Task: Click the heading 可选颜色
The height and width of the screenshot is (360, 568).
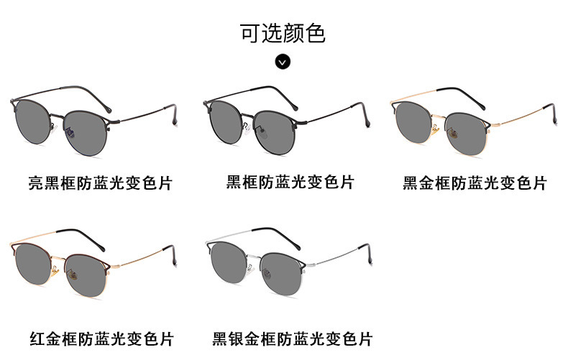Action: [x=283, y=33]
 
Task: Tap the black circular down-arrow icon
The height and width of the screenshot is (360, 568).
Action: [x=283, y=61]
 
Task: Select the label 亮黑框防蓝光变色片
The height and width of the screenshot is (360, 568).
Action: [x=101, y=183]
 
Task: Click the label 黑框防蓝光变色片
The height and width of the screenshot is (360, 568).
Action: [x=290, y=182]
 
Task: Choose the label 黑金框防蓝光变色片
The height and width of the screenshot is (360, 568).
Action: [x=475, y=183]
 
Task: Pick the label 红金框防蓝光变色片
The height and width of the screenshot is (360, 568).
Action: [x=101, y=338]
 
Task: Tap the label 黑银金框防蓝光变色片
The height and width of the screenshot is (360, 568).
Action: [x=293, y=338]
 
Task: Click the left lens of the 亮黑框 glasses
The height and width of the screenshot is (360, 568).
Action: [x=37, y=119]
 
